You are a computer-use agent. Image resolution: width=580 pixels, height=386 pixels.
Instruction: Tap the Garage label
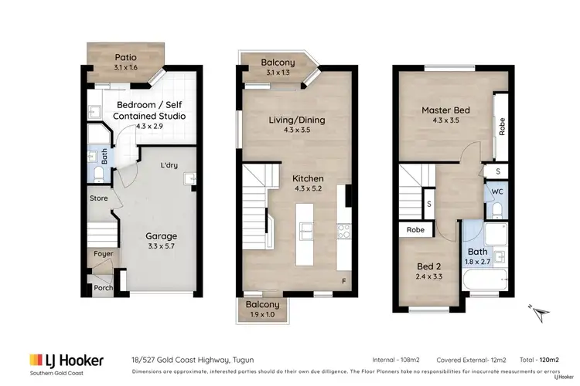click(162, 236)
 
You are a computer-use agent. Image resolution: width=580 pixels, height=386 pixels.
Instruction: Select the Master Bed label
click(445, 110)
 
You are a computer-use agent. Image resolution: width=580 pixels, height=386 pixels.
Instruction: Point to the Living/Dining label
click(297, 120)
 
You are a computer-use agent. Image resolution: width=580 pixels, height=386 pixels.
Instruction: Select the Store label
click(97, 198)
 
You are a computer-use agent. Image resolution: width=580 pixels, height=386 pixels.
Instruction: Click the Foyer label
click(102, 252)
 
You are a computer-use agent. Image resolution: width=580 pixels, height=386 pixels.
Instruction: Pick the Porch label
click(102, 288)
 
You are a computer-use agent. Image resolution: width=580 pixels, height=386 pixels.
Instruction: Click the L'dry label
click(169, 165)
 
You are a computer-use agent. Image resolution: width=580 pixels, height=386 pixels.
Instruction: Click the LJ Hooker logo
click(66, 361)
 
